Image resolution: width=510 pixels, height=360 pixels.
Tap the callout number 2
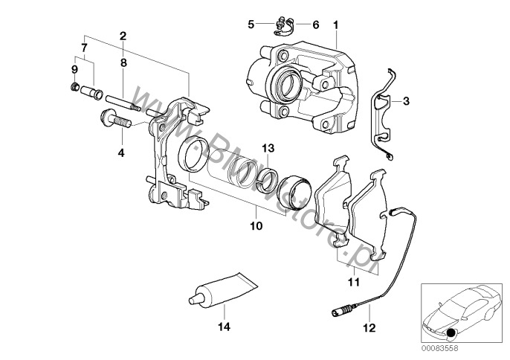(x=123, y=35)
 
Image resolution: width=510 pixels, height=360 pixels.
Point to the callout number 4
(x=121, y=153)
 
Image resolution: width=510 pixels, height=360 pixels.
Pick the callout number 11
(x=353, y=282)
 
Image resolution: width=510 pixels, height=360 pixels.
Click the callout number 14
(x=222, y=326)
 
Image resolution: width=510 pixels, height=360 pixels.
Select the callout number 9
(x=74, y=69)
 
